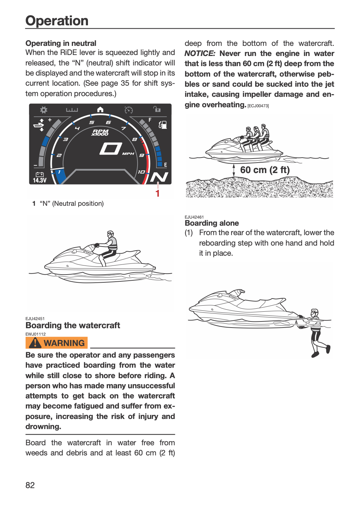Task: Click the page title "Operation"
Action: tap(57, 21)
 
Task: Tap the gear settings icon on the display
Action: tap(43, 110)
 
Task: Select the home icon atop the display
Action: tap(100, 110)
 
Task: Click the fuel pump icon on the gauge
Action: tap(163, 124)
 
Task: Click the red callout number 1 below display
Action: tap(157, 193)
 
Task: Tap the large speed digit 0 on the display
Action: tap(111, 149)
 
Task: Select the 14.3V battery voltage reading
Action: tap(40, 180)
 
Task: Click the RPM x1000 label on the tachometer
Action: tap(100, 133)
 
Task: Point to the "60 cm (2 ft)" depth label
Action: tap(265, 170)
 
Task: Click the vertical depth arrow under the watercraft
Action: tap(234, 170)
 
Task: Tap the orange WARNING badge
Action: tap(56, 343)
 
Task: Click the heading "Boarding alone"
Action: tap(212, 223)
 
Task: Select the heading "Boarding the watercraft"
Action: tap(73, 326)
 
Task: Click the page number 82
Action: tap(30, 485)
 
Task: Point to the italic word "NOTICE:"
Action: tap(200, 54)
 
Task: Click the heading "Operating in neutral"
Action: tap(61, 43)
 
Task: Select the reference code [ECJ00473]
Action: tap(258, 106)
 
